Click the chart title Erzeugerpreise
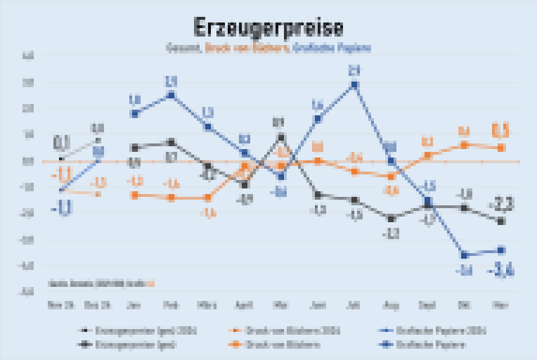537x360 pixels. (268, 27)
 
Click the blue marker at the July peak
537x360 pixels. (354, 85)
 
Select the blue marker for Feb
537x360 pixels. (171, 94)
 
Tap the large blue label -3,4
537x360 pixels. (502, 272)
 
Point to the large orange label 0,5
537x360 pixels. (500, 130)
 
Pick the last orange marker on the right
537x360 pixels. (500, 147)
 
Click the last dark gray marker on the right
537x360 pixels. (500, 222)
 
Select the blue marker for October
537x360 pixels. (464, 254)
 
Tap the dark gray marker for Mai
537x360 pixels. (281, 137)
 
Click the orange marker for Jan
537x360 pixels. (134, 195)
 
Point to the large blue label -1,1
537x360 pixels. (62, 209)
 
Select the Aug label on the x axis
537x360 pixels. (391, 305)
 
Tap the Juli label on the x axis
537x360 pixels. (354, 305)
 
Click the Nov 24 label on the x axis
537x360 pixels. (61, 305)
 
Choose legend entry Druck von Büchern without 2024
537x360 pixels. (264, 344)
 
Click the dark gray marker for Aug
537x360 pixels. (391, 218)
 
